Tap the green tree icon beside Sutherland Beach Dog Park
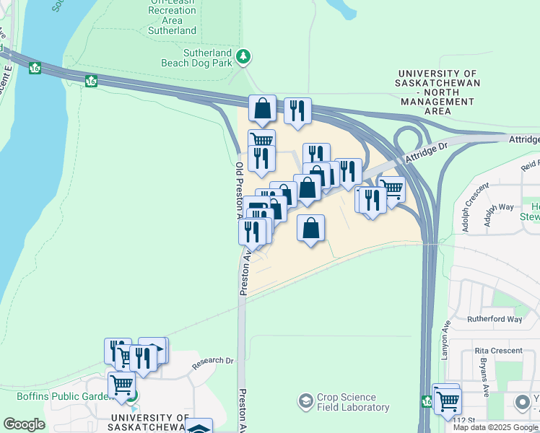(x=244, y=56)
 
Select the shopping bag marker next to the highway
(x=262, y=109)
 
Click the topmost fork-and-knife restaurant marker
(x=297, y=110)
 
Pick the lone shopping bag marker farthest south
(x=310, y=229)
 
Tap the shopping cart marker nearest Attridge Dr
(x=391, y=189)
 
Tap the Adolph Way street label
(x=499, y=215)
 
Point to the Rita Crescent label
(x=497, y=351)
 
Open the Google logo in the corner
(x=24, y=424)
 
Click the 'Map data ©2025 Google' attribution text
(x=495, y=427)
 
